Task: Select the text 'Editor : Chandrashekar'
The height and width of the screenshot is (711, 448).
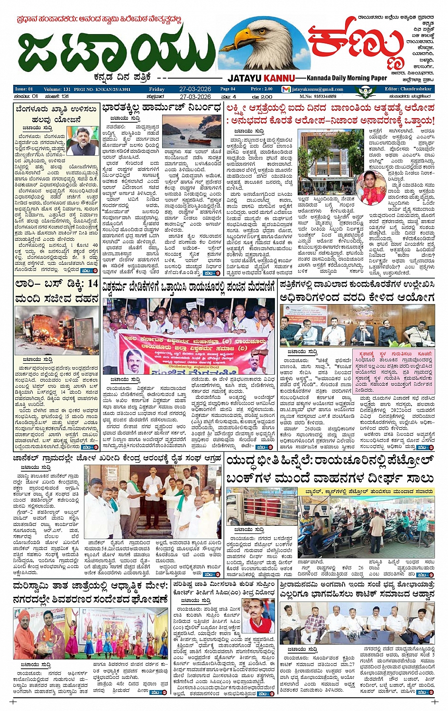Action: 408,89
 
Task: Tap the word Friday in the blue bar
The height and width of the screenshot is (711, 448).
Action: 156,89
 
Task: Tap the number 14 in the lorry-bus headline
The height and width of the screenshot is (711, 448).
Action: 93,284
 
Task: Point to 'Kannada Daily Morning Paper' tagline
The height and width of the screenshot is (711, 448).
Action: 347,78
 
